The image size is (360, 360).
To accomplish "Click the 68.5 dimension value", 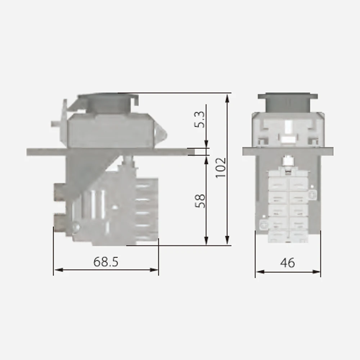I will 106,262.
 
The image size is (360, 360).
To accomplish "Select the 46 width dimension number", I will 287,263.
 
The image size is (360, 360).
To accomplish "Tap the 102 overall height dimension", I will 220,167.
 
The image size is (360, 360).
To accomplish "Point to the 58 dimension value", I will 201,201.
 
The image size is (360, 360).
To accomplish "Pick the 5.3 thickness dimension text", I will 201,120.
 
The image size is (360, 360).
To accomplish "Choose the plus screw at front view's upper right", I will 312,195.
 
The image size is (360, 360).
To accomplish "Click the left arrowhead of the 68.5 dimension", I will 56,269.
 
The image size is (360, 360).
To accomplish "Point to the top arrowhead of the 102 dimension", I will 227,96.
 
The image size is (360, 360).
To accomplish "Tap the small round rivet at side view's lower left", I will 76,227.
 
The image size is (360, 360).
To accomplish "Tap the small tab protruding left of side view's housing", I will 55,124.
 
